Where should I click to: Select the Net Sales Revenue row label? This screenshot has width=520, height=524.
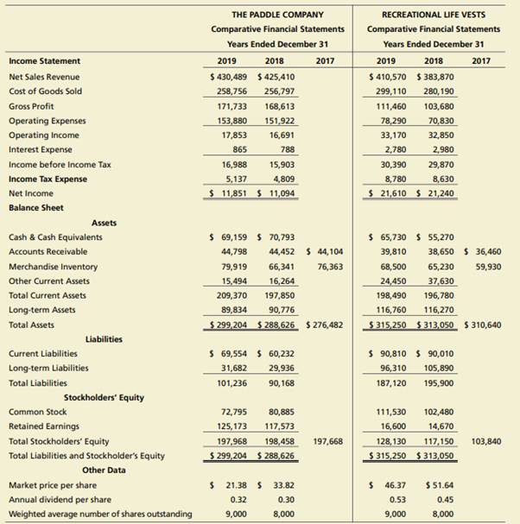44,76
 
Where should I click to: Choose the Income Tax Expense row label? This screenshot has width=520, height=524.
48,179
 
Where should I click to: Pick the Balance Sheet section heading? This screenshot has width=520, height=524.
35,208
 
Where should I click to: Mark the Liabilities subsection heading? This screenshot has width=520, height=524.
104,339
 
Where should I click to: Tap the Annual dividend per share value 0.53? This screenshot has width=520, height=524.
398,499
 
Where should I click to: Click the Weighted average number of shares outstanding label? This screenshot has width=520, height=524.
99,514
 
